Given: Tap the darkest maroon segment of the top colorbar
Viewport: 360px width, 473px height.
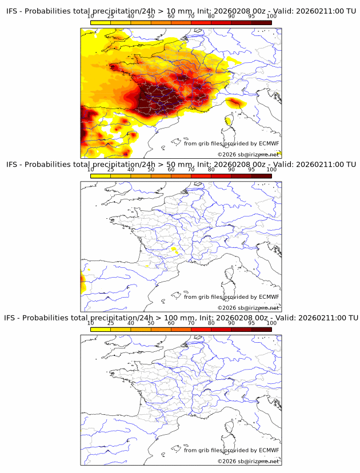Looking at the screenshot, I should pyautogui.click(x=261, y=22).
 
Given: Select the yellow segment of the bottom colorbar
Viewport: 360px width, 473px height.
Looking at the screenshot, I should pyautogui.click(x=101, y=329).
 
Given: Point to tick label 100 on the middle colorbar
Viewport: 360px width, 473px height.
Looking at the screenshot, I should pyautogui.click(x=271, y=170).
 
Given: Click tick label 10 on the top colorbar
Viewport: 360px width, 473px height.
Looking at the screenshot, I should pyautogui.click(x=91, y=17).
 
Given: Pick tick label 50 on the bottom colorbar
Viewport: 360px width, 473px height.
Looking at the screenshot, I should pyautogui.click(x=151, y=323).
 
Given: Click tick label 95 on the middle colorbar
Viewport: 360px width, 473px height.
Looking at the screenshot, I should pyautogui.click(x=251, y=170).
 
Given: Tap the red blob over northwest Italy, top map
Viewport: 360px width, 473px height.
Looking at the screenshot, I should pyautogui.click(x=234, y=103).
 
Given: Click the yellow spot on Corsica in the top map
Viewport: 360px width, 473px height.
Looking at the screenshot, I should pyautogui.click(x=227, y=121).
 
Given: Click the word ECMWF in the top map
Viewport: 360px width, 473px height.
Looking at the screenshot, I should pyautogui.click(x=269, y=143).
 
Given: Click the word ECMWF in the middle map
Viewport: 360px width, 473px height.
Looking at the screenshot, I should pyautogui.click(x=269, y=296).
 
